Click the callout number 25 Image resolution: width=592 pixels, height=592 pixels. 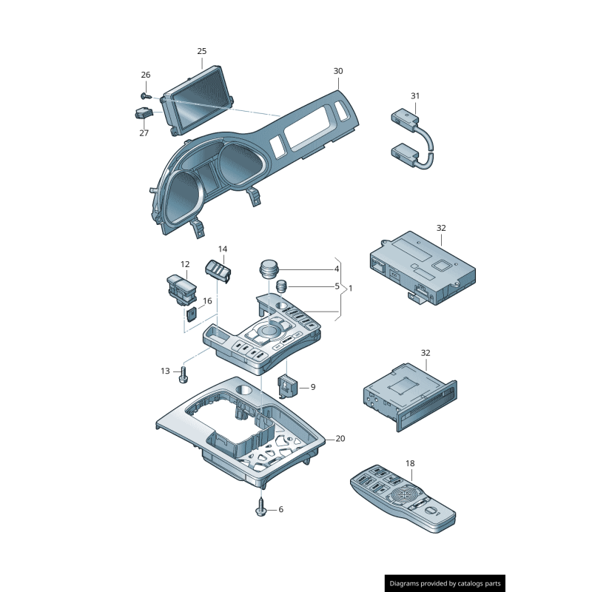point(202,51)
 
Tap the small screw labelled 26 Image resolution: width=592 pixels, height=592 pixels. point(145,95)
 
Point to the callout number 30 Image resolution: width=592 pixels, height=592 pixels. point(338,71)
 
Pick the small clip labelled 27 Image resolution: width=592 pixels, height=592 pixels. point(142,114)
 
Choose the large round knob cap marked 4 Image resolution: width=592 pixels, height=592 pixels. point(268,267)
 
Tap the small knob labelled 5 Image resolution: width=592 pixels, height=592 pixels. point(281,286)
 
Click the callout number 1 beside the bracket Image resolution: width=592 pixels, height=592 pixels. point(351,288)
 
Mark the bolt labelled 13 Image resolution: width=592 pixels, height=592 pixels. point(184,374)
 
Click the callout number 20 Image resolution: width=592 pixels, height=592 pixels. point(340,439)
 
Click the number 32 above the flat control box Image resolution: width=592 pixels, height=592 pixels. point(441,228)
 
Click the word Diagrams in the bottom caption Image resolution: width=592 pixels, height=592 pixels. point(408,584)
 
